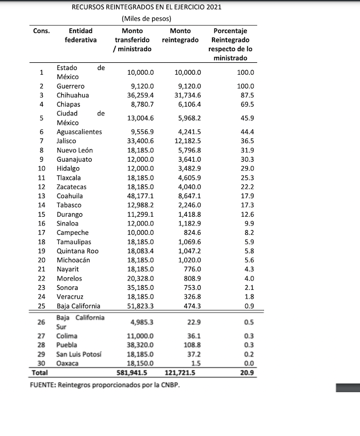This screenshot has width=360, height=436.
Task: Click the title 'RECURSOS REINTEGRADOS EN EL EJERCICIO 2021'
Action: (x=147, y=8)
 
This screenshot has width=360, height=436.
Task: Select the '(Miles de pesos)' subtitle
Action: (x=147, y=19)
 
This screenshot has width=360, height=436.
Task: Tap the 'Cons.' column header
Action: (x=41, y=30)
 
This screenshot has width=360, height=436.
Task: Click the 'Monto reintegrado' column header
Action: (x=180, y=35)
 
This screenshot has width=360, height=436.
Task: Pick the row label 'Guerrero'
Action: (x=70, y=86)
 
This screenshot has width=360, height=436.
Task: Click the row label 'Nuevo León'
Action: (x=75, y=150)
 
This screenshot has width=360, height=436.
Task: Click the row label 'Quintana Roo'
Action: (x=77, y=251)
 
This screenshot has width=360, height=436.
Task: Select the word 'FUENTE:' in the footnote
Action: (x=44, y=385)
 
